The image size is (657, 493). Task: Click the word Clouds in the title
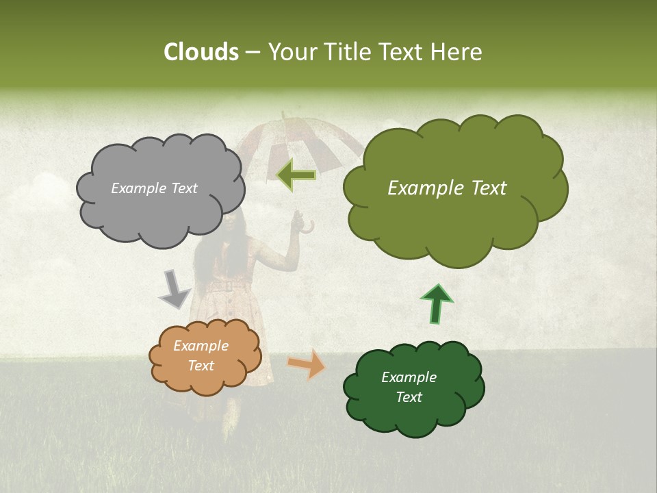pos(201,52)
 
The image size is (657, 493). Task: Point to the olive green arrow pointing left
pos(296,175)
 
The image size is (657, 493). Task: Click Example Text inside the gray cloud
pos(154,188)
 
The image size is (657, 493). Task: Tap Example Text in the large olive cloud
pos(447,188)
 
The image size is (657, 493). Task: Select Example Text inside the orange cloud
pos(201,356)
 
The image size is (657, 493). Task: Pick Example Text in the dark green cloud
pos(409,387)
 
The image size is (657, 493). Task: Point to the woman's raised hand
pos(296,220)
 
